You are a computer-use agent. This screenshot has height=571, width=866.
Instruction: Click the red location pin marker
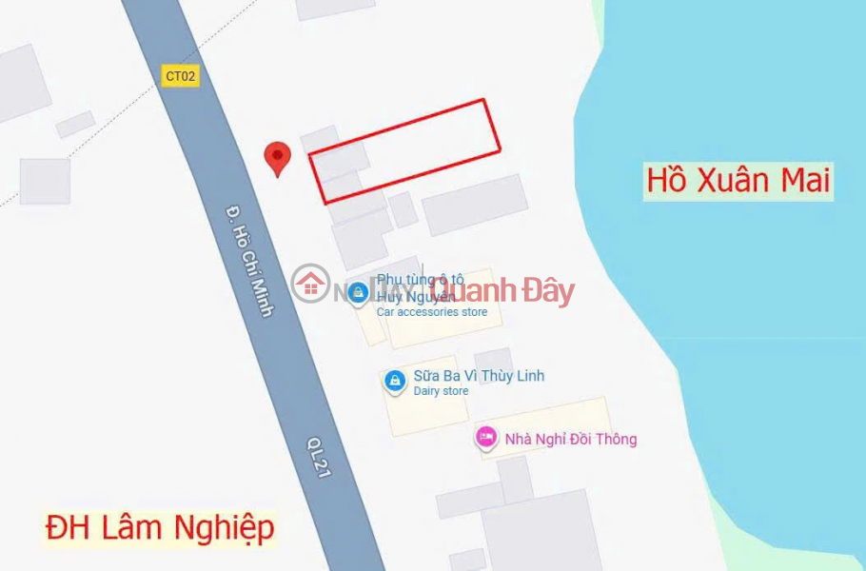point(277,158)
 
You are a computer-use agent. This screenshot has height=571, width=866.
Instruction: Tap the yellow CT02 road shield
point(181,76)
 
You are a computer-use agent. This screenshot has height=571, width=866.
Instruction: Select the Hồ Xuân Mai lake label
point(738,180)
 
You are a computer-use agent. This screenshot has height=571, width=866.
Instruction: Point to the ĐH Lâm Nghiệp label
point(161,527)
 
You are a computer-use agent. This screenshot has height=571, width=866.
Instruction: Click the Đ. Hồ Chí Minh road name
point(250,260)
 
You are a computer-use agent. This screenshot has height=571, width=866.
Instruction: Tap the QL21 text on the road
point(318,458)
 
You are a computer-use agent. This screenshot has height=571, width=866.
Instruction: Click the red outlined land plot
point(405,150)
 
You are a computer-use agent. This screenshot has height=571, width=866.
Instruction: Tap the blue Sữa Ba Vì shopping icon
point(394,381)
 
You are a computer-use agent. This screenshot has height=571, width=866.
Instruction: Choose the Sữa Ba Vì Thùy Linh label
point(479,376)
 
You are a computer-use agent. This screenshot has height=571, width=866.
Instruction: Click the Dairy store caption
point(441,391)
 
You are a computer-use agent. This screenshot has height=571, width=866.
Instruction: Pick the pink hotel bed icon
point(486,438)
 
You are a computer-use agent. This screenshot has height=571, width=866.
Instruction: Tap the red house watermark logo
point(311,284)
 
